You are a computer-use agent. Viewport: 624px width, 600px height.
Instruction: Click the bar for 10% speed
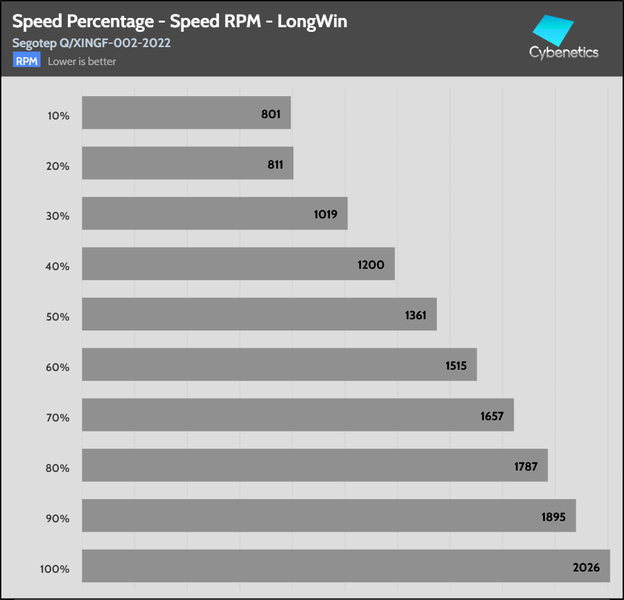point(186,113)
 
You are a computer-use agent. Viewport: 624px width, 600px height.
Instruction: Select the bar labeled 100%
point(345,566)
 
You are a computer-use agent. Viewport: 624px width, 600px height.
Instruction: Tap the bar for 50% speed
point(259,314)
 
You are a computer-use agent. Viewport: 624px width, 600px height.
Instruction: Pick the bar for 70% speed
point(297,415)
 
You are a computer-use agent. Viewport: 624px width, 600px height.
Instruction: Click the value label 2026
point(586,567)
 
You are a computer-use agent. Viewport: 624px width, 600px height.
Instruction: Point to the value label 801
point(271,114)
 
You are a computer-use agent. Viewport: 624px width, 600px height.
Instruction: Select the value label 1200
point(370,265)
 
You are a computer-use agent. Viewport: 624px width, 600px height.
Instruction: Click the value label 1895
point(553,517)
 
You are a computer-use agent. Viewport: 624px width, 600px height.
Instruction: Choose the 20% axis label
point(58,166)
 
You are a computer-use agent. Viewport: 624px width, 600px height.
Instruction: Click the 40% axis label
point(58,267)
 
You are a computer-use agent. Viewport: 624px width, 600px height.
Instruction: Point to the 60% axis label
point(58,368)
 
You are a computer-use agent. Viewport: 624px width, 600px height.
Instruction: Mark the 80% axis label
point(58,469)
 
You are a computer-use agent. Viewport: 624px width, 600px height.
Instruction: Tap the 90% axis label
point(58,519)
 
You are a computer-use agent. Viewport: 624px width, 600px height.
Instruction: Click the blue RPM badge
point(27,61)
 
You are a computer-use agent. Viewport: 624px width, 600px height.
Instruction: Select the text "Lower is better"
point(82,62)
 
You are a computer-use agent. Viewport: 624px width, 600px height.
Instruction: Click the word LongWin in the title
point(312,22)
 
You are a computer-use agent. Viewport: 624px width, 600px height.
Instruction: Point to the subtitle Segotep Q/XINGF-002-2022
point(92,43)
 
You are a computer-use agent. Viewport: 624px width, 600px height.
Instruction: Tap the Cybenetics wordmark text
point(564,52)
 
